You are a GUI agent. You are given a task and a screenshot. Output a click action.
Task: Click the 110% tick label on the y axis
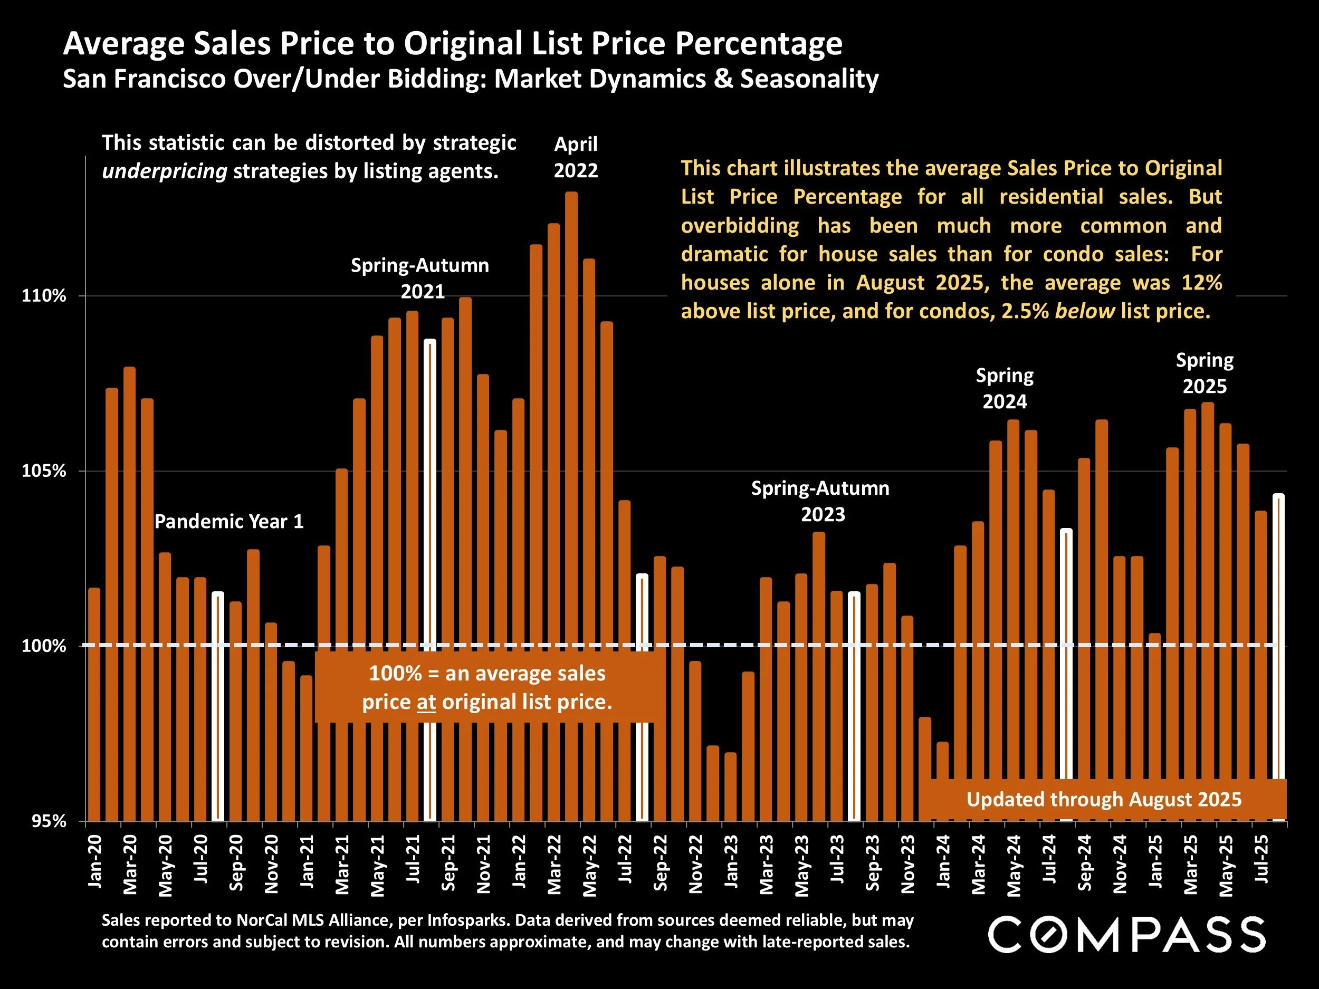[x=44, y=296]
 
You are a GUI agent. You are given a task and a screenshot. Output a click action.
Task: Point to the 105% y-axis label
[x=44, y=471]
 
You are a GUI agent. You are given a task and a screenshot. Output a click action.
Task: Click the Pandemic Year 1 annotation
[x=229, y=522]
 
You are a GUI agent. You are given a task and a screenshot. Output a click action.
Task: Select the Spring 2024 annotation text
[x=1005, y=388]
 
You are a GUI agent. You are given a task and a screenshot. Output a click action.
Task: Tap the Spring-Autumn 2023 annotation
[x=820, y=501]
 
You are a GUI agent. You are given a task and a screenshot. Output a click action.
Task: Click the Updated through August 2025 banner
[x=1104, y=800]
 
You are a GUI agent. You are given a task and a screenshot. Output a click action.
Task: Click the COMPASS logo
[x=1127, y=935]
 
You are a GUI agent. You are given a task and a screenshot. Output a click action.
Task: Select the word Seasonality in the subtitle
[x=809, y=79]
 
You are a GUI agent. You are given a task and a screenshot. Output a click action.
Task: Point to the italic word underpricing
[x=165, y=171]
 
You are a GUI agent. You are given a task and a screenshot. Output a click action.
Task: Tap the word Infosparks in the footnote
[x=466, y=920]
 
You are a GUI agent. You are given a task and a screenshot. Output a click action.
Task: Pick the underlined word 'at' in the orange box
[x=426, y=702]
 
